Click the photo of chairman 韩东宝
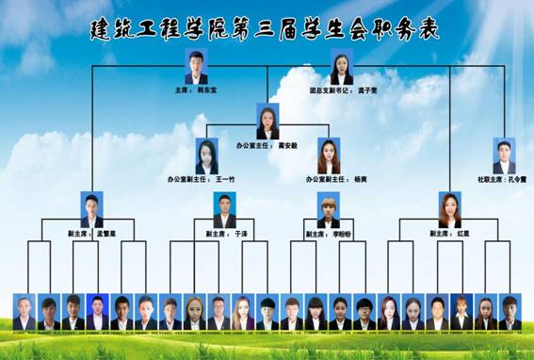pyautogui.click(x=196, y=68)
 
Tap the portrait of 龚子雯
pyautogui.click(x=342, y=67)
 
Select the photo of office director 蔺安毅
pyautogui.click(x=268, y=122)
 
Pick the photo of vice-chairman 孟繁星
pyautogui.click(x=91, y=210)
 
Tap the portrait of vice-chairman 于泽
pyautogui.click(x=224, y=210)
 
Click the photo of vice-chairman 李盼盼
pyautogui.click(x=329, y=210)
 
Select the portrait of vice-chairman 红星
pyautogui.click(x=450, y=210)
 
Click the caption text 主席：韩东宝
pyautogui.click(x=196, y=91)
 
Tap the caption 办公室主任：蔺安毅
pyautogui.click(x=267, y=146)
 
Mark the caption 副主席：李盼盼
pyautogui.click(x=329, y=233)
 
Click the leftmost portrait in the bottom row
pyautogui.click(x=24, y=312)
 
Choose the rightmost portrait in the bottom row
pyautogui.click(x=510, y=312)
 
